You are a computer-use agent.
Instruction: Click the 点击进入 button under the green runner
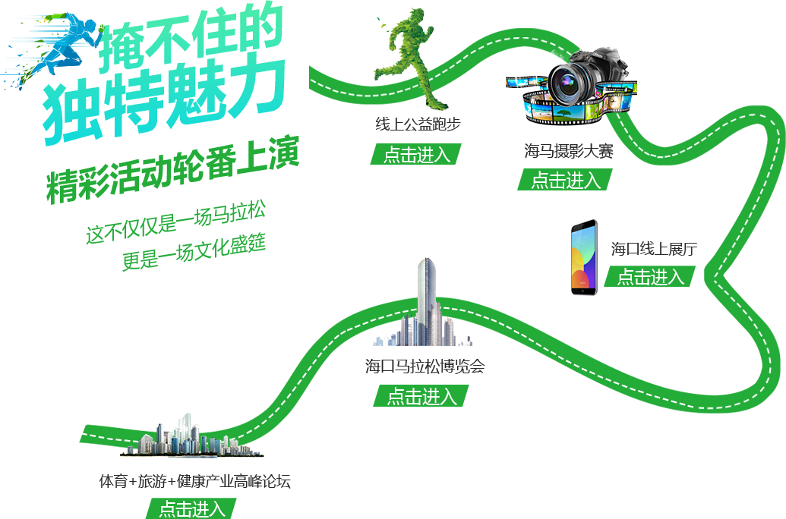pos(416,154)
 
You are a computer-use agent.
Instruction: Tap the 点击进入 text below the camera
pos(566,181)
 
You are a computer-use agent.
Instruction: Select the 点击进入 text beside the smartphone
pos(650,277)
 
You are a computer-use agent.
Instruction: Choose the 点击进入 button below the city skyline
pos(191,508)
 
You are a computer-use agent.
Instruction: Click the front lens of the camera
pos(567,83)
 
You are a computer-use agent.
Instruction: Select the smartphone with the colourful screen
pos(584,258)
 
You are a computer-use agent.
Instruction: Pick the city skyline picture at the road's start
pos(191,436)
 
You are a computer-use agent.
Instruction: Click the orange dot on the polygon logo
pos(43,22)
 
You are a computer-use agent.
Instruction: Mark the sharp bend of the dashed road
pos(714,277)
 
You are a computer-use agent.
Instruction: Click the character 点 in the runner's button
pos(392,154)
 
